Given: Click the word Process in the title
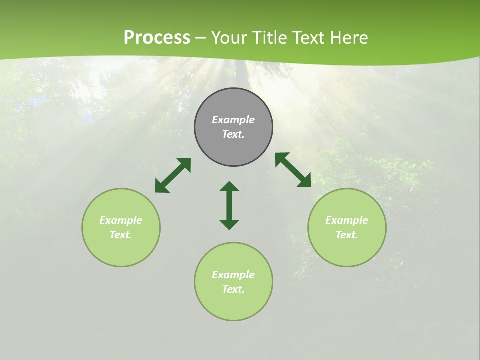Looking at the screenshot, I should click(157, 38).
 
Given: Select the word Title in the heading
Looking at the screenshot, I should click(271, 38).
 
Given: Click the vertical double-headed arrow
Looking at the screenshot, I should click(229, 206).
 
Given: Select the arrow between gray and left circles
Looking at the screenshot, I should click(173, 175).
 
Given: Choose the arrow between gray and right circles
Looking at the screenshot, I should click(293, 170).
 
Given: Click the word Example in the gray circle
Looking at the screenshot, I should click(233, 120).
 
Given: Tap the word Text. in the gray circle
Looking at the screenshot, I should click(233, 134).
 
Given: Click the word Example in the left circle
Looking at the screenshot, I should click(121, 220).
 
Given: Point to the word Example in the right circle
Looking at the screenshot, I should click(347, 220).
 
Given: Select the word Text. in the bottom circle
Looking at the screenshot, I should click(233, 289).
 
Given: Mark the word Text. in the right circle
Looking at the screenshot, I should click(347, 235).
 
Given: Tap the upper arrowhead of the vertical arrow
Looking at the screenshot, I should click(229, 187).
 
